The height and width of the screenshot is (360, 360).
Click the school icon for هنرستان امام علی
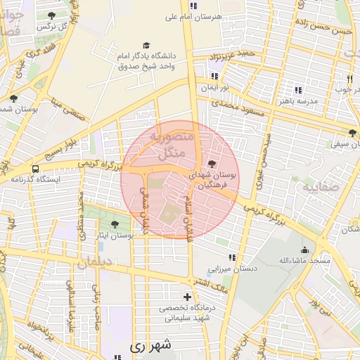pos(193,5)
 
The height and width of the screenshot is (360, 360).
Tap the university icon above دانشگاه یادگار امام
pos(146,45)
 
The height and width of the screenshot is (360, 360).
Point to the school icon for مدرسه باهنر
pos(298,90)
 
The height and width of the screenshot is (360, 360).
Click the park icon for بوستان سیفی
pos(352,132)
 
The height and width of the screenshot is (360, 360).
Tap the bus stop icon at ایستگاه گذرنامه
pos(35,169)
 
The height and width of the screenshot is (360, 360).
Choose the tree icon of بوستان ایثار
pos(115,224)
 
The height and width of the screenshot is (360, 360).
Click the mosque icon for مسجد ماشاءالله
pos(304,250)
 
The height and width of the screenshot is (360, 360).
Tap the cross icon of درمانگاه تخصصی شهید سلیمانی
pos(186,297)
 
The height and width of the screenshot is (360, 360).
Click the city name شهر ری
pos(150,347)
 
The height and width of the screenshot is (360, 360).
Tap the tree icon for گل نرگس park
pos(51,15)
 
